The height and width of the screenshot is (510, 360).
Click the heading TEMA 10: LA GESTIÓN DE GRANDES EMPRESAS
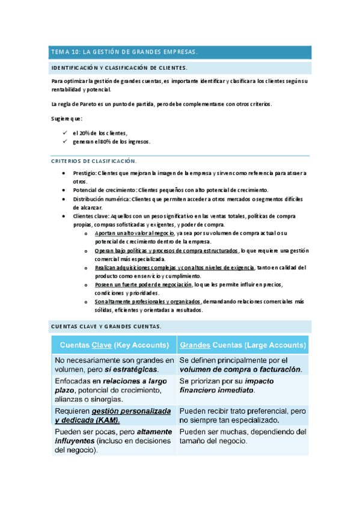124,52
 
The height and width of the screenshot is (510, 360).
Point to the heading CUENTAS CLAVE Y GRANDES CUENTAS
105,327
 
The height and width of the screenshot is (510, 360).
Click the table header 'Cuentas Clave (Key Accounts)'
114,345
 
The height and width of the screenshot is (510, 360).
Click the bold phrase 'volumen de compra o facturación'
240,369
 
